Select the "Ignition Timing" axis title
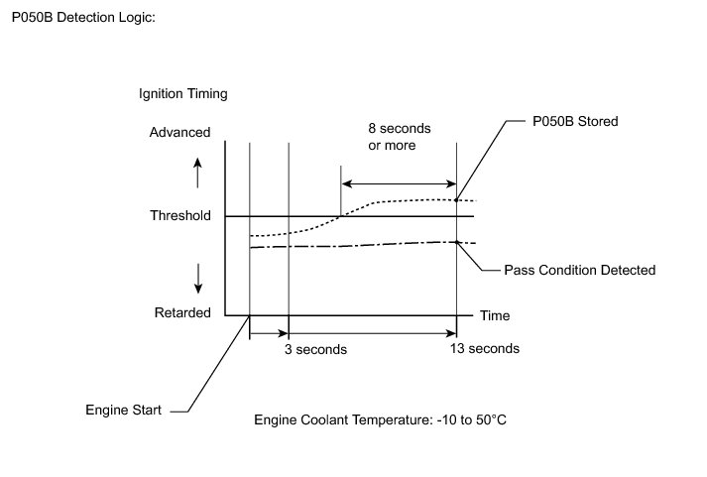pos(183,95)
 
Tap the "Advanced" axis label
pos(179,133)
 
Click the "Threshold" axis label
pos(179,215)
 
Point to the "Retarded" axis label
pos(182,313)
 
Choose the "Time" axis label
pos(495,315)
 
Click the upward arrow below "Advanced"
pos(197,173)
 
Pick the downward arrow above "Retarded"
pos(198,278)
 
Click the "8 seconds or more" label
pos(392,136)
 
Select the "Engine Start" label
pos(124,409)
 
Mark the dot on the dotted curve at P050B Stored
pos(456,200)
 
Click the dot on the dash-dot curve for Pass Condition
pos(456,242)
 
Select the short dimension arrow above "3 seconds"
pos(268,334)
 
